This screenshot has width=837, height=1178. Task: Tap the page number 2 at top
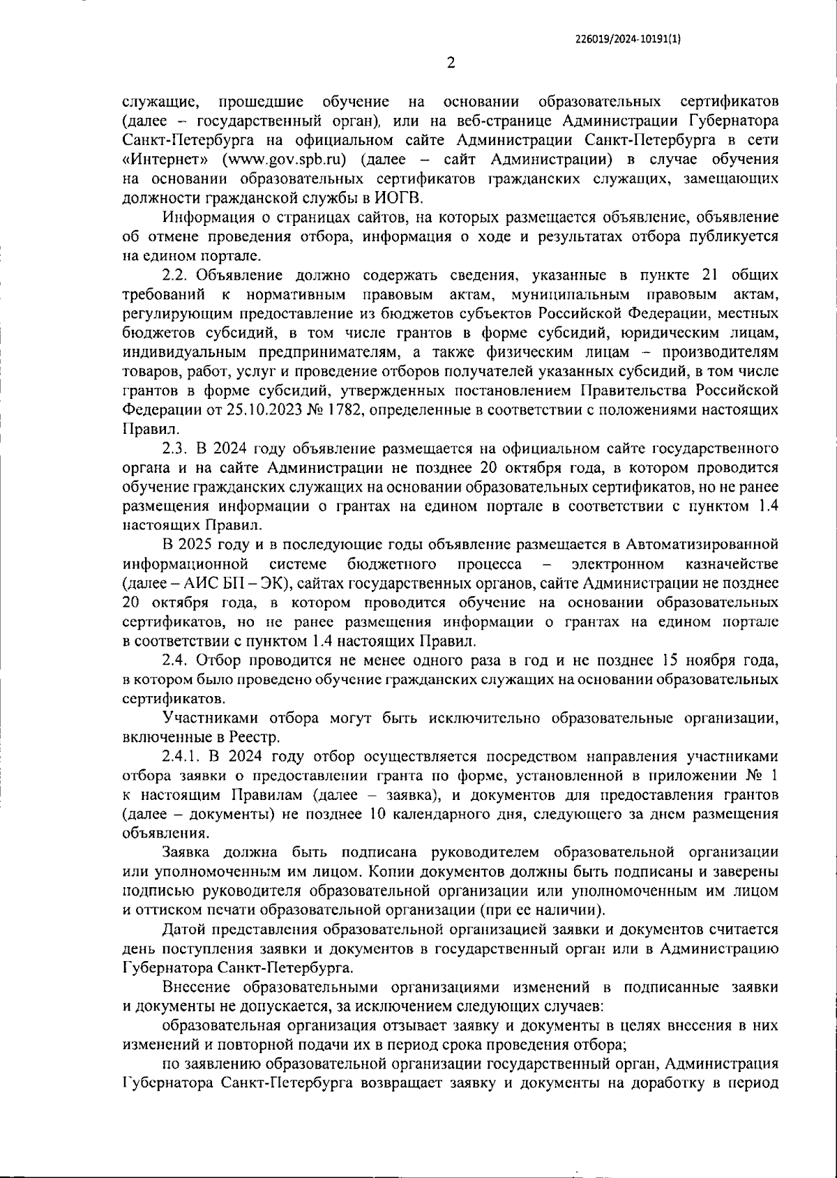451,63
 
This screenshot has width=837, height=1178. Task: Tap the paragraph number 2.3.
174,447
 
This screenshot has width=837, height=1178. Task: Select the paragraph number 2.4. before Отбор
174,659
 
